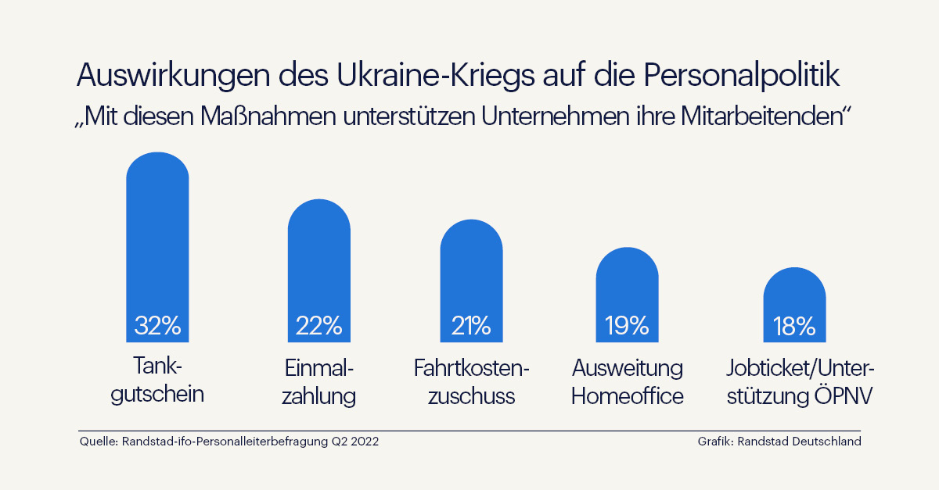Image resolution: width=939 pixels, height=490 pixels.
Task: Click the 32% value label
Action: pos(157,325)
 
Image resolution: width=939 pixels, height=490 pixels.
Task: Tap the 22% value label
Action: pos(318,325)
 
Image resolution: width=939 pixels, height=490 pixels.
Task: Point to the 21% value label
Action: pos(471,325)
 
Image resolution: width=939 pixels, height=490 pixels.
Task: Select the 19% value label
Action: pos(627,325)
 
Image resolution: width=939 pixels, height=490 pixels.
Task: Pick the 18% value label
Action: pos(794,325)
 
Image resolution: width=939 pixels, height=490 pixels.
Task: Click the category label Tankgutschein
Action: pos(157,380)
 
